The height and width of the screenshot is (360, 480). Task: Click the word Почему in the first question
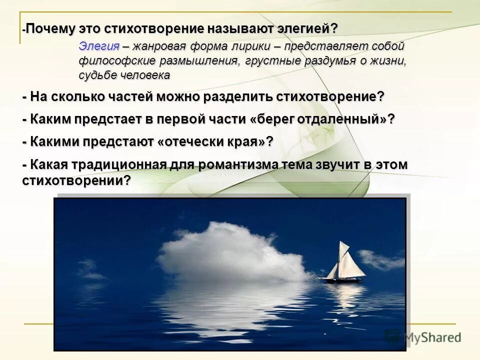(49, 28)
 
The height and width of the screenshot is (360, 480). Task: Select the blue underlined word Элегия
(99, 46)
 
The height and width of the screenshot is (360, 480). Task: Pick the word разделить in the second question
(240, 97)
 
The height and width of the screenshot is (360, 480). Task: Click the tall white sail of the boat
(344, 257)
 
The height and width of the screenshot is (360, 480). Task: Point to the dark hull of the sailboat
(340, 278)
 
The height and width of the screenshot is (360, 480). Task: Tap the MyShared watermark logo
(422, 336)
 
